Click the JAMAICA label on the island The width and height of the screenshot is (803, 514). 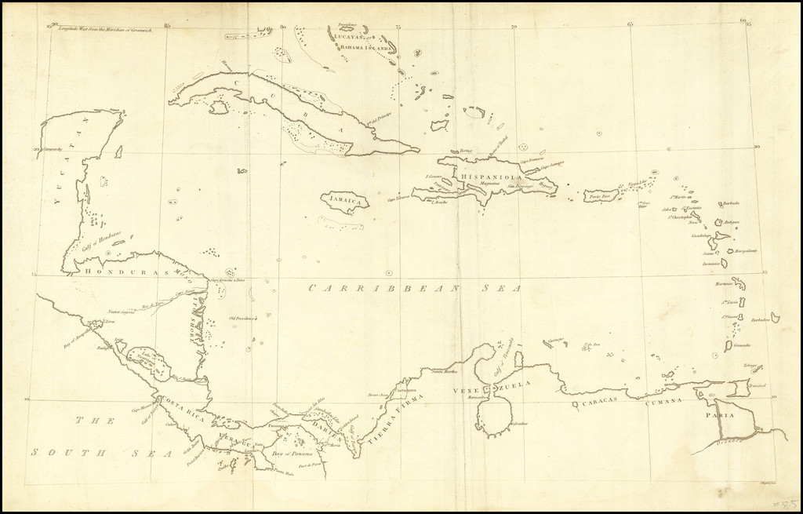(346, 201)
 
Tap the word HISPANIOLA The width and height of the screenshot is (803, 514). (491, 178)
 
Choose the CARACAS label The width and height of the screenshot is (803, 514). (601, 400)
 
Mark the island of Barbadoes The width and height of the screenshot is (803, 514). (775, 318)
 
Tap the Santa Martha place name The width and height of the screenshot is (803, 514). (444, 371)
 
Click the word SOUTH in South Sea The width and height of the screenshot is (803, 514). (60, 452)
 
